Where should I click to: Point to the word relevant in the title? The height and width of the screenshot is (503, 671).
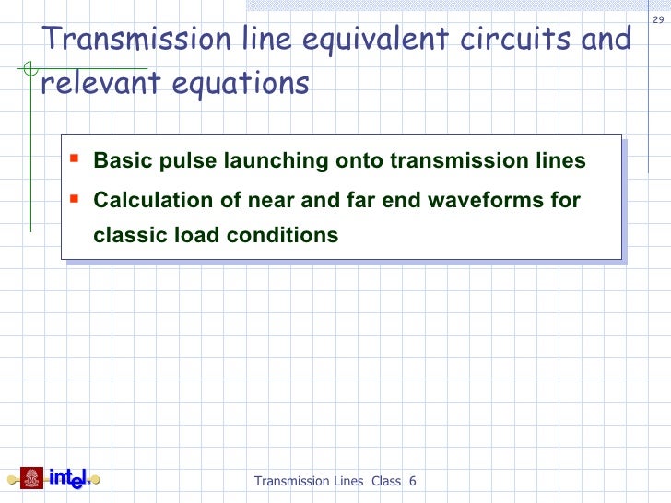(x=87, y=83)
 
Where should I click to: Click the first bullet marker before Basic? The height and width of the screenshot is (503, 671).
(x=77, y=158)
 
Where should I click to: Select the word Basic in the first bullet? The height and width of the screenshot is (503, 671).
(x=120, y=161)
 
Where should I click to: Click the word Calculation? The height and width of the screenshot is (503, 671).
(x=149, y=200)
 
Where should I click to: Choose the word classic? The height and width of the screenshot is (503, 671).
(x=130, y=235)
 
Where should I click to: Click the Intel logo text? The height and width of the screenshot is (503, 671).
(x=68, y=478)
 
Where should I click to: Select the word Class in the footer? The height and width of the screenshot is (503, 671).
(x=386, y=481)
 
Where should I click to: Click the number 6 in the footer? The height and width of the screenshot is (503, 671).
(x=412, y=481)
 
